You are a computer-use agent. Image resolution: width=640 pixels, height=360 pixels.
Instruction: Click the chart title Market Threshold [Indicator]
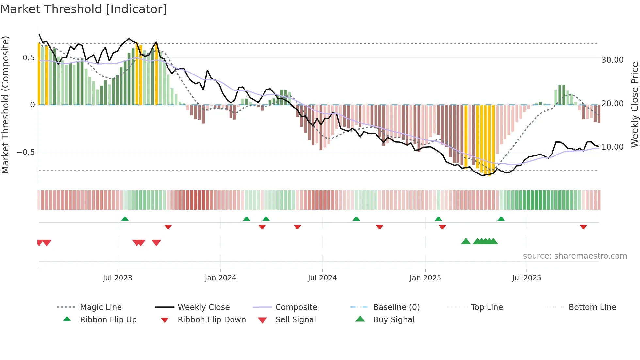pos(84,9)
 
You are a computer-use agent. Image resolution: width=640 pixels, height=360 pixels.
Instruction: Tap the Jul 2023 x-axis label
pos(118,278)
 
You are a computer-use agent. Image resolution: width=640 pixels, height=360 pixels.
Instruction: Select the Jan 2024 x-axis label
pos(220,278)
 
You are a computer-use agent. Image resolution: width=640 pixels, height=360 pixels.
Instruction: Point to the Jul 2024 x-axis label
pos(322,278)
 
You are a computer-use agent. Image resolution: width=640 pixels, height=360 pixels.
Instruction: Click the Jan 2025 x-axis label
pos(425,278)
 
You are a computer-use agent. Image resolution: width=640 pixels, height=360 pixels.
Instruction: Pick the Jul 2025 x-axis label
pos(526,278)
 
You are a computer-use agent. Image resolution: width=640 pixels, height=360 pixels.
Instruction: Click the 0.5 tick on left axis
pos(28,58)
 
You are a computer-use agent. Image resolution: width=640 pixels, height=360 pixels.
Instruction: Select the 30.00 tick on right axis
pos(613,60)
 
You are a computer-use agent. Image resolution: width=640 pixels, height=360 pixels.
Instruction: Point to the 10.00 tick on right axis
pos(613,147)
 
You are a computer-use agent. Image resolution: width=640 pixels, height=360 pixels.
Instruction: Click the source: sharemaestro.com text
pos(575,256)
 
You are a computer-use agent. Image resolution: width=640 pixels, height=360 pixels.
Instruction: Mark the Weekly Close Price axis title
pos(634,105)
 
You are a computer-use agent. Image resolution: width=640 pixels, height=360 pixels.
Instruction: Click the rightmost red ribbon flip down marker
pos(583,227)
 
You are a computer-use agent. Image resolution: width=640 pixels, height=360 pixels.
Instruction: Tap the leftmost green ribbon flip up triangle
pos(125,219)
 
